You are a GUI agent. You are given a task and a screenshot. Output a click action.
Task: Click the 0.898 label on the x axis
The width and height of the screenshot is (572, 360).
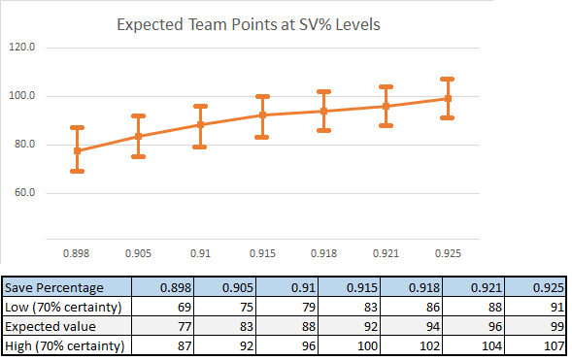77,252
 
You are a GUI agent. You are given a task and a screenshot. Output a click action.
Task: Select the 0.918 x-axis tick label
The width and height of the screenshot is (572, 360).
323,252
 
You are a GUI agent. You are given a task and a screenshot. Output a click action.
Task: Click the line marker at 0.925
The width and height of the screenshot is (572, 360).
447,98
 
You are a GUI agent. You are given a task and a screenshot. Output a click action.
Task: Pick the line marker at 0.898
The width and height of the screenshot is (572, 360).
77,150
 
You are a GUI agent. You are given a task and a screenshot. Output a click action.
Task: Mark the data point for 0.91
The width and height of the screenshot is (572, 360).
200,124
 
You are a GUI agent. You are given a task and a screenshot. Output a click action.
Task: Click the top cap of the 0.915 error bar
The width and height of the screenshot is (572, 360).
262,96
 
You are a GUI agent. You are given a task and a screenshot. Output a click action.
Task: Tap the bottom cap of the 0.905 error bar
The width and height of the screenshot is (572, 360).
139,156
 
